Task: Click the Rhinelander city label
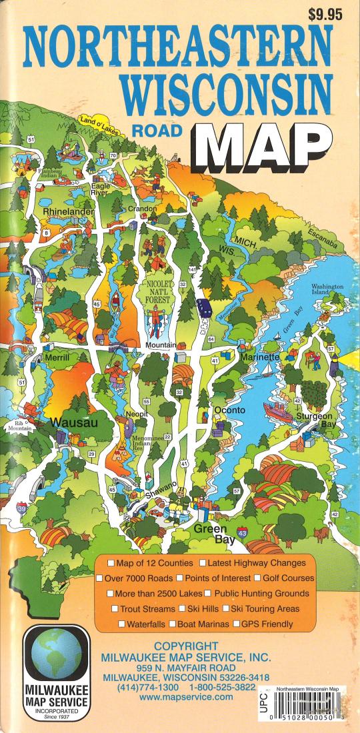tap(69, 211)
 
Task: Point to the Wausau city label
tap(75, 422)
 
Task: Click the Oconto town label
tap(230, 410)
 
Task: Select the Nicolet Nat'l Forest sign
tap(155, 291)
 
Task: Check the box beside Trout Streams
tap(115, 609)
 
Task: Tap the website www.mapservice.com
tap(187, 696)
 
